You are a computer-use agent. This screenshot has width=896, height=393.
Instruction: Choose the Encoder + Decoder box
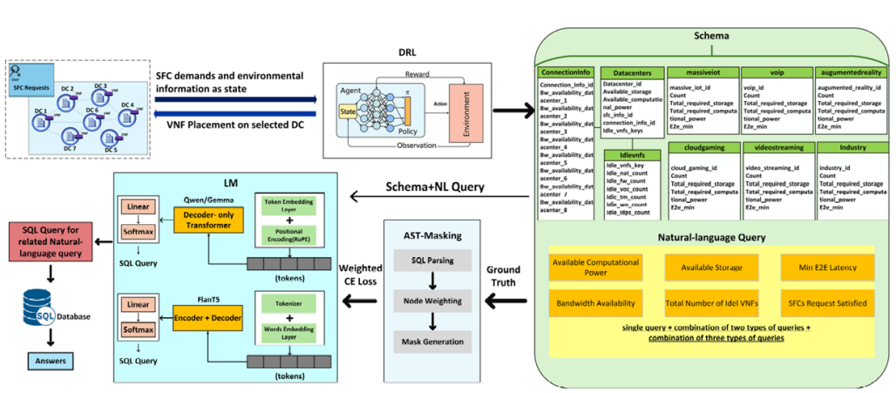[x=206, y=313]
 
